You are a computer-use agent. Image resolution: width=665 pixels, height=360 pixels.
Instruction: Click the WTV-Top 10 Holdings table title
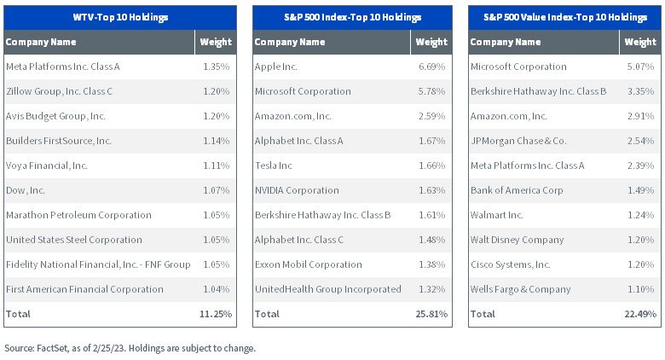point(120,17)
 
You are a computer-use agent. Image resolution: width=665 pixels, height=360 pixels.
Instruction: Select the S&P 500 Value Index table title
point(565,17)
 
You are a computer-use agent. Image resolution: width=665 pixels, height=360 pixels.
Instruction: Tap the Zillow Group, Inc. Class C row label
point(60,91)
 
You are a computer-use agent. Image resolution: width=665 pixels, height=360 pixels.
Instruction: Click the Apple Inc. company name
point(276,67)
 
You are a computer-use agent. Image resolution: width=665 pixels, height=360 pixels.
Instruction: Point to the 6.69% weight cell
point(431,67)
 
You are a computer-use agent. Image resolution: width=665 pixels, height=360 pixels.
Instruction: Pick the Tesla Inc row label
point(274,165)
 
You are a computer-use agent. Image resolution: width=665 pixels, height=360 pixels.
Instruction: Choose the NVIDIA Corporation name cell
point(297,190)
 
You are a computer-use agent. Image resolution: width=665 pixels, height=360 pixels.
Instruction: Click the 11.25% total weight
point(216,314)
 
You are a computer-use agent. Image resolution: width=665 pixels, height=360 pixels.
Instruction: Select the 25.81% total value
point(431,314)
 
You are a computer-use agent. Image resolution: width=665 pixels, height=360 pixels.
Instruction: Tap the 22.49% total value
point(640,314)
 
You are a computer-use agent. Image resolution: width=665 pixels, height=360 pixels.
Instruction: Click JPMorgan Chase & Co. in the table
point(518,141)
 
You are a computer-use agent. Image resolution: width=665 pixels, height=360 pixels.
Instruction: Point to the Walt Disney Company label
point(517,240)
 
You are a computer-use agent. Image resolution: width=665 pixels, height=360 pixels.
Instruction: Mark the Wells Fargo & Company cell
point(520,289)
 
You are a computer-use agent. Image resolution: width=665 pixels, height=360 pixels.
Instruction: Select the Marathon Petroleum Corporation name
point(78,215)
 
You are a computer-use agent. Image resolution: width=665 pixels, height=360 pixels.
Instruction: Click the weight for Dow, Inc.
point(217,190)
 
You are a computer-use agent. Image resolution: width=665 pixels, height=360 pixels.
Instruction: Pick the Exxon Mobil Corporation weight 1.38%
point(431,264)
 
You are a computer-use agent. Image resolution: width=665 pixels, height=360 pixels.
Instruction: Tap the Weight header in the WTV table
point(216,42)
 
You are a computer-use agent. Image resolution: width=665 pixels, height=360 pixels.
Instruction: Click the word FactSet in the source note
point(52,348)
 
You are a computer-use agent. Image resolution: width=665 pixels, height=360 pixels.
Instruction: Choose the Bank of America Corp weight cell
point(640,190)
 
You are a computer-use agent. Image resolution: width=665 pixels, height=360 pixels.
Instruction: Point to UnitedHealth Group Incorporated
point(328,289)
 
